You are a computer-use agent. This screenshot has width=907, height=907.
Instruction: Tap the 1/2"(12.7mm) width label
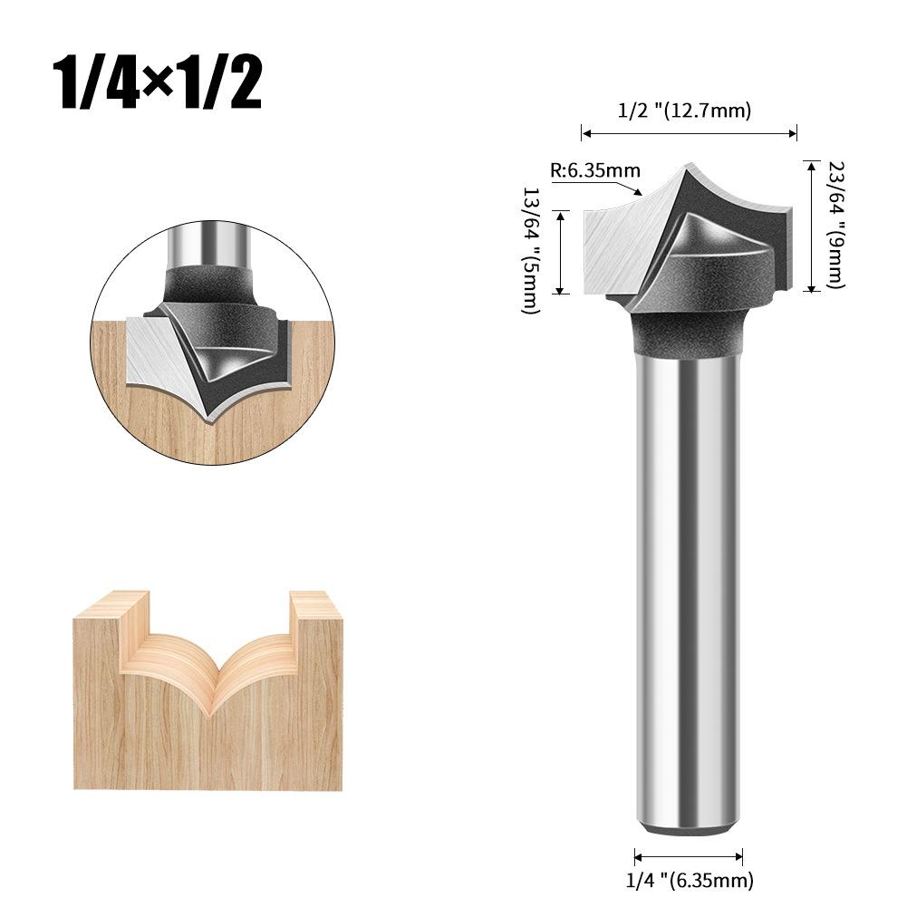click(685, 111)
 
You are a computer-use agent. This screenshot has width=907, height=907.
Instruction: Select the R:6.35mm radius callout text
click(595, 170)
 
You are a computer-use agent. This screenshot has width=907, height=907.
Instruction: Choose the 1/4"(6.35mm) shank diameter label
click(689, 879)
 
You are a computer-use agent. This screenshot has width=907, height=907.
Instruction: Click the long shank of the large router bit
click(688, 589)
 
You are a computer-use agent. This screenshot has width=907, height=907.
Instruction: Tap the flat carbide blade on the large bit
click(622, 249)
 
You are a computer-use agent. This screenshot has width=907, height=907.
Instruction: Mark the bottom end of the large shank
click(688, 826)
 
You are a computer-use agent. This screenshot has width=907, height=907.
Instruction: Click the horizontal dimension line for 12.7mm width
click(689, 134)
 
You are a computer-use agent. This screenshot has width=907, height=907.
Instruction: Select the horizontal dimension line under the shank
click(689, 856)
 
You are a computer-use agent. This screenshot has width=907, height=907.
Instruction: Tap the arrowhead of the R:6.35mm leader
click(640, 193)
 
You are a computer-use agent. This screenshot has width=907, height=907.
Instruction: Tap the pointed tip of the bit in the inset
click(211, 420)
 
